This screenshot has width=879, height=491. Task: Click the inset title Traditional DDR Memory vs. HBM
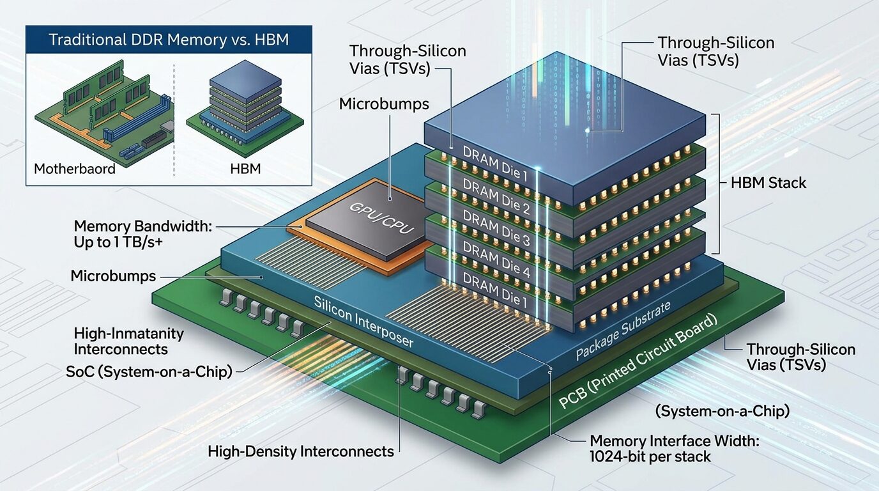point(169,40)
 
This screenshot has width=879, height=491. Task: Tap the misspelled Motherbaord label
point(75,169)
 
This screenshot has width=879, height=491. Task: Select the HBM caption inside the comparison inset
point(246,169)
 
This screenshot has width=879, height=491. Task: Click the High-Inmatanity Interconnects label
point(129,341)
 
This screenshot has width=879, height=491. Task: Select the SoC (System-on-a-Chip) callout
point(149,371)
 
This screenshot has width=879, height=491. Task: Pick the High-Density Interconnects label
point(301,451)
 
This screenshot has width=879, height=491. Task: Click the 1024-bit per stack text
point(650,456)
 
